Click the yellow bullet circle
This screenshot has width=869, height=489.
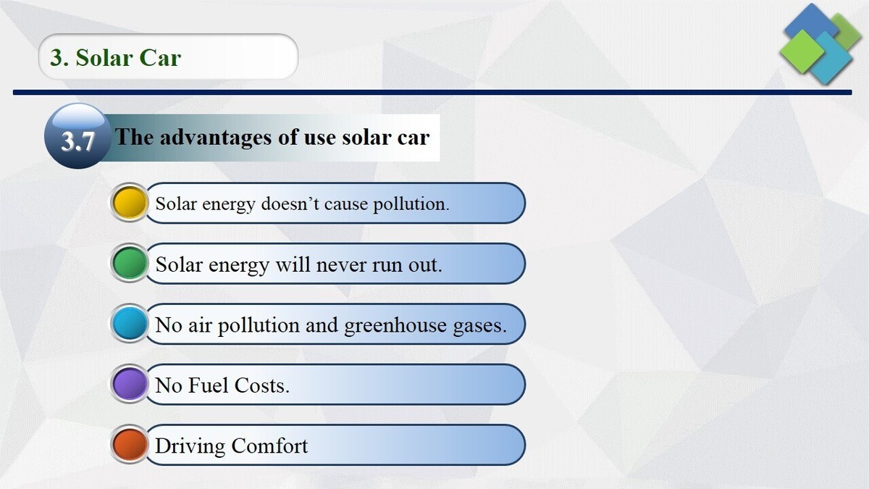click(130, 203)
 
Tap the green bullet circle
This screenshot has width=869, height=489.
click(130, 264)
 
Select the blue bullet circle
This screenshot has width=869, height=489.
click(130, 324)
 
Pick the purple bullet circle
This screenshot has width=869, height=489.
click(130, 384)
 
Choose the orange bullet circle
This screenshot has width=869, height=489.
click(130, 445)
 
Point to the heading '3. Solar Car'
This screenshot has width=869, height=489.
click(115, 57)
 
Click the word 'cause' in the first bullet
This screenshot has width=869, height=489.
click(346, 204)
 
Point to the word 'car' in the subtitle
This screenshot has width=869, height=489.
click(413, 137)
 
